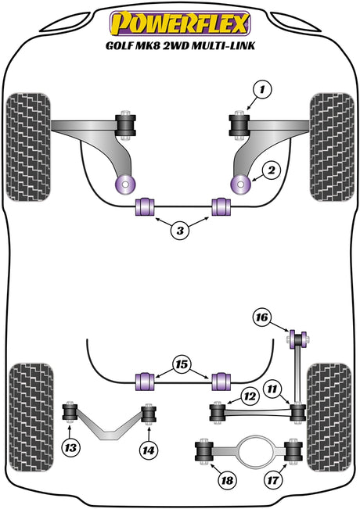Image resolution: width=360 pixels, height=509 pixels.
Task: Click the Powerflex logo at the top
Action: click(180, 23)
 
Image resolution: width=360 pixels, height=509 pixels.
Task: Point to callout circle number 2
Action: click(271, 170)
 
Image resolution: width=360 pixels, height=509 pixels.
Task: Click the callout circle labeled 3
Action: click(180, 231)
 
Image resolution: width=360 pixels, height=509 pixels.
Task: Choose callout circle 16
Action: click(262, 317)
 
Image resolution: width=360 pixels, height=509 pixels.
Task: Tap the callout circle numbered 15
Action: click(182, 365)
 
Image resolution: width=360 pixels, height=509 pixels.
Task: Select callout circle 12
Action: click(250, 396)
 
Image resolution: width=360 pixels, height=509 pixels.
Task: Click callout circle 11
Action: click(272, 389)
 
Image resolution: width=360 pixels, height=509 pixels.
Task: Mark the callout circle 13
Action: click(71, 448)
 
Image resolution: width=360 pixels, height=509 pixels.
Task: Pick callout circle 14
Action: click(149, 450)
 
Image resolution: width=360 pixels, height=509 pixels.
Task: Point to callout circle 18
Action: click(227, 480)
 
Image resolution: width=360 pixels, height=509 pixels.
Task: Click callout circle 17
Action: click(273, 480)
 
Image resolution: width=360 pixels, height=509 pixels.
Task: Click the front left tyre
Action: click(28, 147)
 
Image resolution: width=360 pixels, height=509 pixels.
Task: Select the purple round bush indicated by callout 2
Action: click(239, 185)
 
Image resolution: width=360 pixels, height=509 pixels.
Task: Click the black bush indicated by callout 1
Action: click(239, 126)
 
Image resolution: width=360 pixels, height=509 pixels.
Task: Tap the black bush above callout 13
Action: click(70, 411)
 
